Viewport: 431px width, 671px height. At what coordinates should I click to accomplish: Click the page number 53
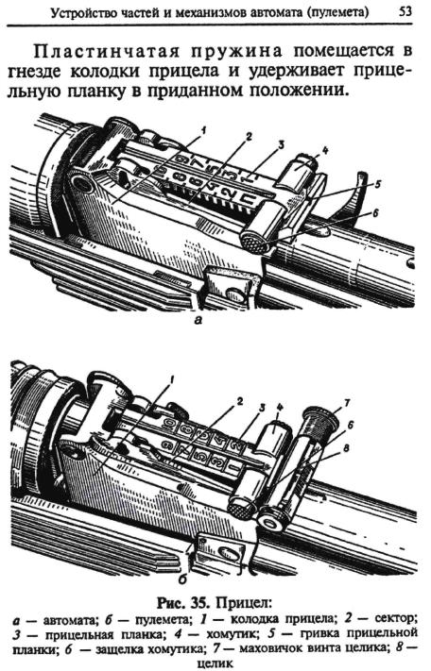tap(405, 11)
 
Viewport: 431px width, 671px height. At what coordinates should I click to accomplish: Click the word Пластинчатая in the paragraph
tap(106, 51)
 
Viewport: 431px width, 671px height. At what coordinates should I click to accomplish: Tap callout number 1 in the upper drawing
tap(203, 128)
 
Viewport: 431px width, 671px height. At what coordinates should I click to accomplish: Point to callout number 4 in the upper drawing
tap(325, 151)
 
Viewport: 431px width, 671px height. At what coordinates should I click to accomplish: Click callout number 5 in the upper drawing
tap(377, 184)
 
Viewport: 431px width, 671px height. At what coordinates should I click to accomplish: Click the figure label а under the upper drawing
tap(198, 320)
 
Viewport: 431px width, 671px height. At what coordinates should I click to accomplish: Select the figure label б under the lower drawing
tap(182, 579)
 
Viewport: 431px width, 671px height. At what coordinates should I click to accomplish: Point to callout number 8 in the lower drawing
tap(347, 448)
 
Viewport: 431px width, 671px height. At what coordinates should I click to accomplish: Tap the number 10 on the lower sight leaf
tap(169, 426)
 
